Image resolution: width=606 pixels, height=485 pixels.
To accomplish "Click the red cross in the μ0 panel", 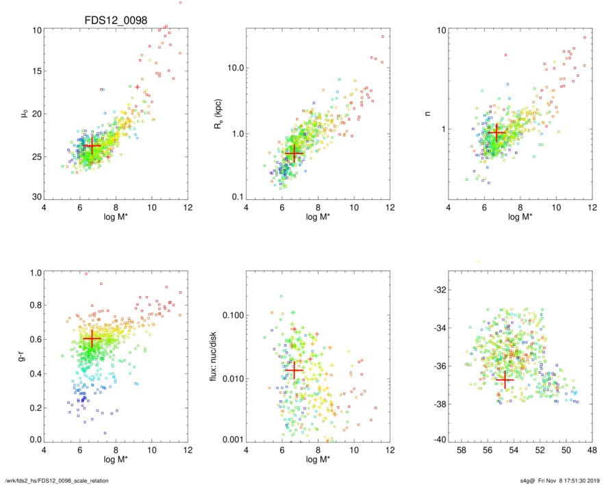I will pos(92,145).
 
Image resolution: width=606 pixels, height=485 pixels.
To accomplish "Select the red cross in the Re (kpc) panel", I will pos(294,154).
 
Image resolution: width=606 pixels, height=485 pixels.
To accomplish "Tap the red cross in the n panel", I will pos(496,132).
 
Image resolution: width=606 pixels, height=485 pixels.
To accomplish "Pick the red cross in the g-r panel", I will pos(92,338).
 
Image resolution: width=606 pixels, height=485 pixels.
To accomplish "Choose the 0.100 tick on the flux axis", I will pos(231,315).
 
